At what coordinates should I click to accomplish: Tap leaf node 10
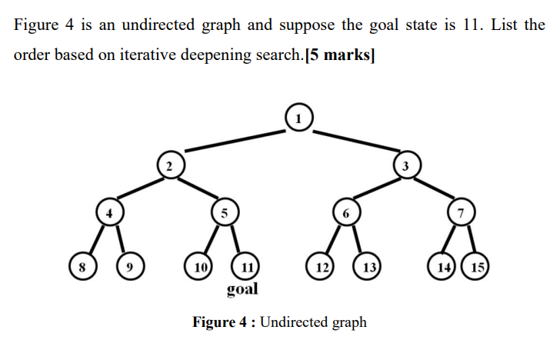tap(200, 267)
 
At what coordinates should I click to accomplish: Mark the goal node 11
tap(245, 267)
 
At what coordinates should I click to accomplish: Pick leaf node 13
tap(368, 267)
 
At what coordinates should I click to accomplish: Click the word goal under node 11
tap(242, 289)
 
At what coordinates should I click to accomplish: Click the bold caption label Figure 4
tap(222, 322)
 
